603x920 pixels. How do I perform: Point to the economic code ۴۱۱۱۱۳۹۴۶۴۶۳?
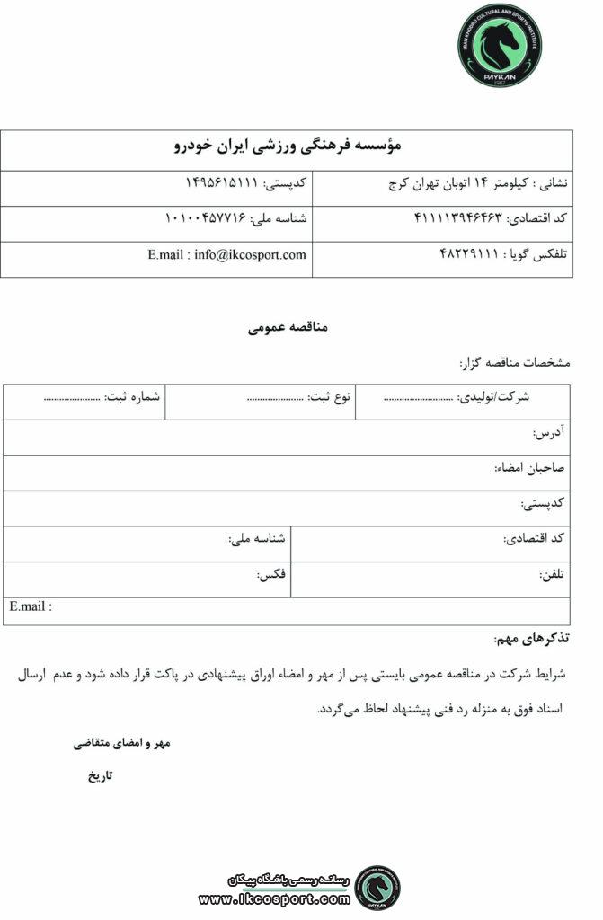(459, 218)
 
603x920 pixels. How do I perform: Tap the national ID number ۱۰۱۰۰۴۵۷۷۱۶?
(208, 218)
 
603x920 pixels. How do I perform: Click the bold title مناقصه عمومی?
(288, 327)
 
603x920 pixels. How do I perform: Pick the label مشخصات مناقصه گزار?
(514, 363)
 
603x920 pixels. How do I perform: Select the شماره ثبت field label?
(133, 396)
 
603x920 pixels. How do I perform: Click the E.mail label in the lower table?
(31, 606)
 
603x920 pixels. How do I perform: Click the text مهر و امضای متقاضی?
(121, 744)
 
